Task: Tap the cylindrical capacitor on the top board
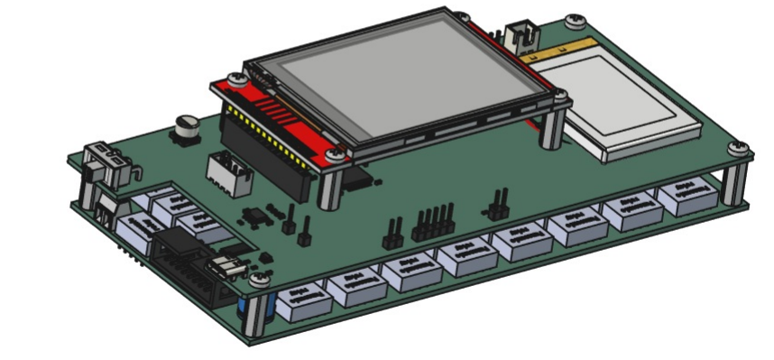188,127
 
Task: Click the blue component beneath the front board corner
244,312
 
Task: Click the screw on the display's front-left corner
336,154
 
